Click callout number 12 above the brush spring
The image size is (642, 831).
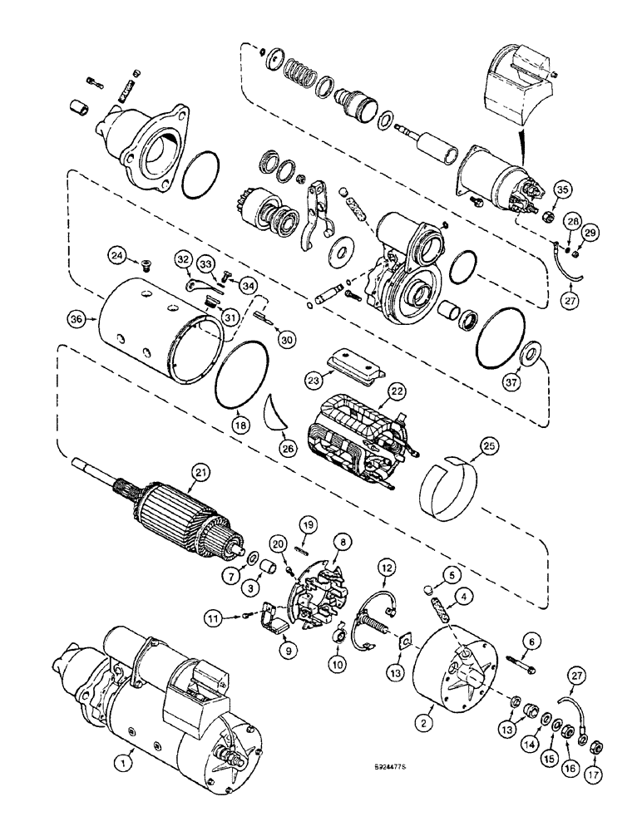[386, 568]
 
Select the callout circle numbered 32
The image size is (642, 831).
[182, 258]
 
